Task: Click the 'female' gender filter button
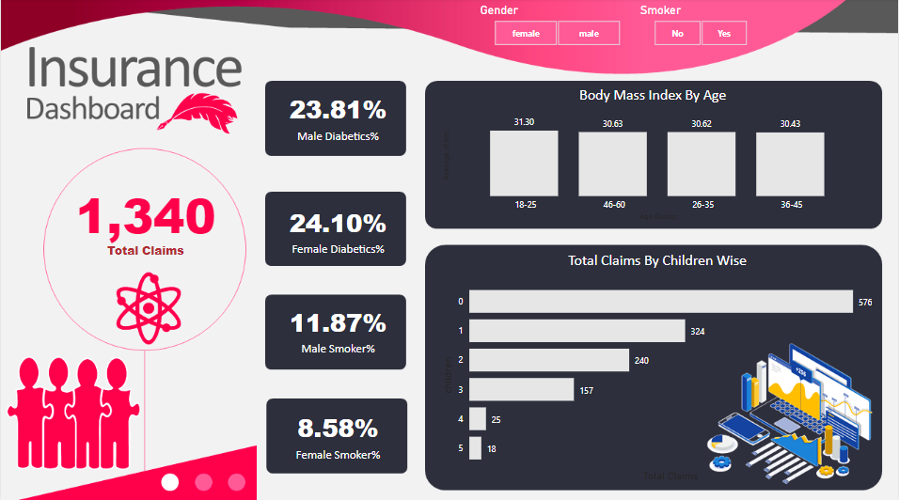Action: click(x=526, y=34)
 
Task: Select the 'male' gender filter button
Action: click(x=589, y=34)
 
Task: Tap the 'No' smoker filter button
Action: click(x=677, y=34)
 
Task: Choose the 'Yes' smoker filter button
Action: click(x=724, y=34)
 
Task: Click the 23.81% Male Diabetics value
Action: click(x=337, y=110)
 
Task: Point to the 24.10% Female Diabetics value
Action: click(x=337, y=223)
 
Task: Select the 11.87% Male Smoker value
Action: click(x=337, y=323)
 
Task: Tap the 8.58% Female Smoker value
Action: click(x=337, y=429)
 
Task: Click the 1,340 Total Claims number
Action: click(x=146, y=217)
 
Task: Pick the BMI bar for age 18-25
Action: click(x=524, y=163)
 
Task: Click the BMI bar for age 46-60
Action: click(x=612, y=163)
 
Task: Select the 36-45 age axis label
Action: click(x=791, y=205)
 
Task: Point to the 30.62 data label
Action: click(x=702, y=123)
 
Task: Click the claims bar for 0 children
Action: click(x=660, y=302)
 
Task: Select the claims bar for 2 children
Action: click(x=548, y=360)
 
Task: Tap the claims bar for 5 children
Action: click(x=475, y=448)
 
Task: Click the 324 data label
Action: click(x=697, y=332)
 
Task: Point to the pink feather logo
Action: click(x=201, y=113)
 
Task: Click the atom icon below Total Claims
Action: click(x=147, y=307)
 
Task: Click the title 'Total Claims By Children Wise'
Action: click(x=656, y=260)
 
